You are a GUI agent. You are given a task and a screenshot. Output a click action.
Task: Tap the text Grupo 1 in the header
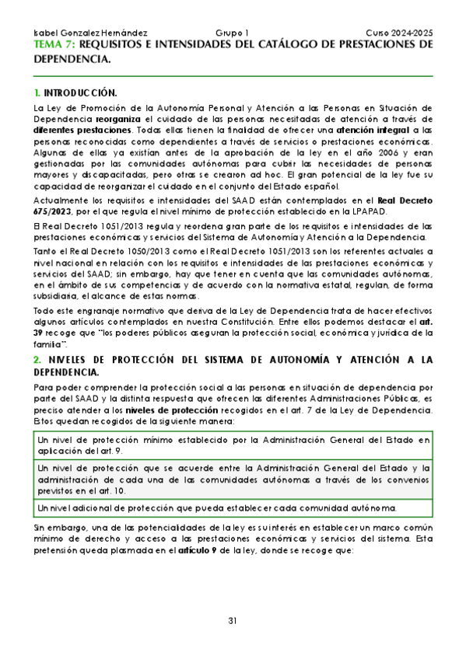click(231, 34)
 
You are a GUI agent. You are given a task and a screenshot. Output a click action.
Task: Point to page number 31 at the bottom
click(233, 620)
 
